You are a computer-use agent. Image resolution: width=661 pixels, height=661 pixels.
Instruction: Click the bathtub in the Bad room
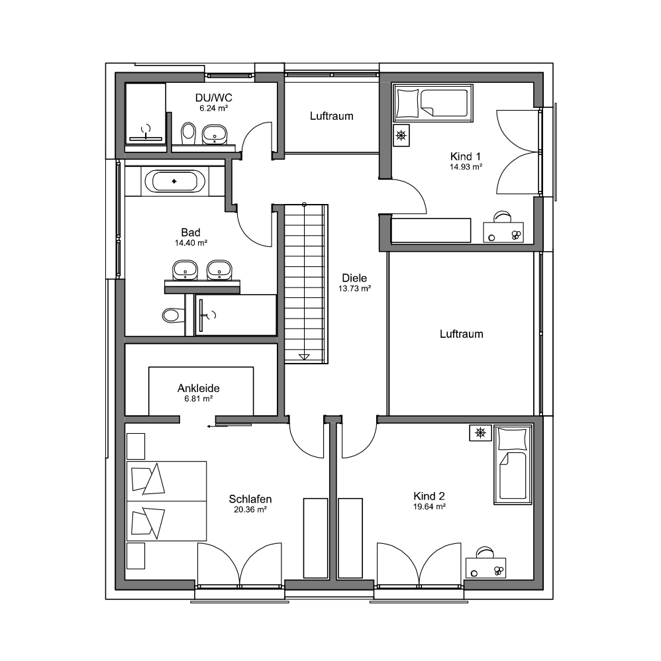click(x=175, y=181)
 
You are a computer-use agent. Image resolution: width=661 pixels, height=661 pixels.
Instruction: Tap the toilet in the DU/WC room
click(x=188, y=132)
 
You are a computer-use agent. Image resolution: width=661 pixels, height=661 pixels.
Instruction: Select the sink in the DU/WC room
click(x=215, y=134)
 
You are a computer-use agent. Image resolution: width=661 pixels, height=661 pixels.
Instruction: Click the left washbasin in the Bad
click(x=185, y=270)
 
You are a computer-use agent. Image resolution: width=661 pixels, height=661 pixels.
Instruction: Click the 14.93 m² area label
click(x=466, y=167)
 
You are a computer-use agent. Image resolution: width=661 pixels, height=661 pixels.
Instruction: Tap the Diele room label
click(x=354, y=278)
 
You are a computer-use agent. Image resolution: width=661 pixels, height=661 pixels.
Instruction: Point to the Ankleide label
click(x=199, y=388)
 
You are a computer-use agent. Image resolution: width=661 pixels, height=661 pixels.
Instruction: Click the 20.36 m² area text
click(x=250, y=509)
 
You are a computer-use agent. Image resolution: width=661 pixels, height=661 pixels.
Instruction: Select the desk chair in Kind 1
click(x=502, y=217)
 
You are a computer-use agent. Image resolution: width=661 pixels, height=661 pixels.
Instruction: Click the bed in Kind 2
click(x=513, y=464)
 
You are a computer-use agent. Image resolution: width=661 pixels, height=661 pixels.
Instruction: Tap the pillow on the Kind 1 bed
click(x=407, y=103)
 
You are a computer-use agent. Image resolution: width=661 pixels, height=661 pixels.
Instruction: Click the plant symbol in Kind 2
click(x=480, y=432)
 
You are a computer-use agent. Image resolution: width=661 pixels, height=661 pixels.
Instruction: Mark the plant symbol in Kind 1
click(x=401, y=135)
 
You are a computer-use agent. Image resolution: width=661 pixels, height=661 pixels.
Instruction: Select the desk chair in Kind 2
click(x=485, y=552)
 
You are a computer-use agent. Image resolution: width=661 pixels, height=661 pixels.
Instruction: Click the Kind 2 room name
click(x=429, y=495)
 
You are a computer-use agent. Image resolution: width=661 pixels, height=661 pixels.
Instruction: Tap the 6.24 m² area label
click(x=214, y=108)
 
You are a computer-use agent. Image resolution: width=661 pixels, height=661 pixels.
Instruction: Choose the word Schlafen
click(x=250, y=499)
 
